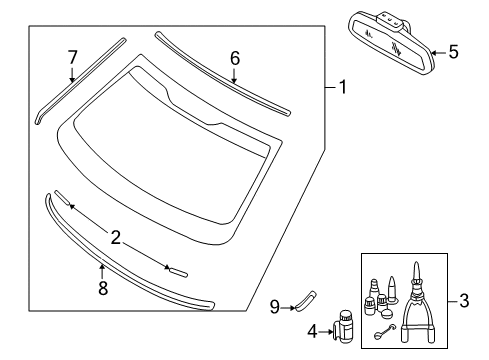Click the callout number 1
[x=343, y=87]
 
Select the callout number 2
[x=115, y=238]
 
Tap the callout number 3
[x=464, y=301]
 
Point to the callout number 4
[x=312, y=332]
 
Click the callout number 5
[x=453, y=52]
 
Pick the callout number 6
[x=235, y=58]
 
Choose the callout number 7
[x=72, y=57]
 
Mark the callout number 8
[x=103, y=288]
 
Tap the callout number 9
[x=274, y=307]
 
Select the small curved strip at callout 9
[x=305, y=301]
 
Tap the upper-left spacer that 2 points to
[x=62, y=198]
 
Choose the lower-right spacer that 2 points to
[x=178, y=272]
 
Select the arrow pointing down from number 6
[x=234, y=76]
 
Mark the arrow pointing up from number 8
[x=102, y=272]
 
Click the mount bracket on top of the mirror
[x=392, y=21]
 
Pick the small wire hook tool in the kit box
[x=384, y=332]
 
